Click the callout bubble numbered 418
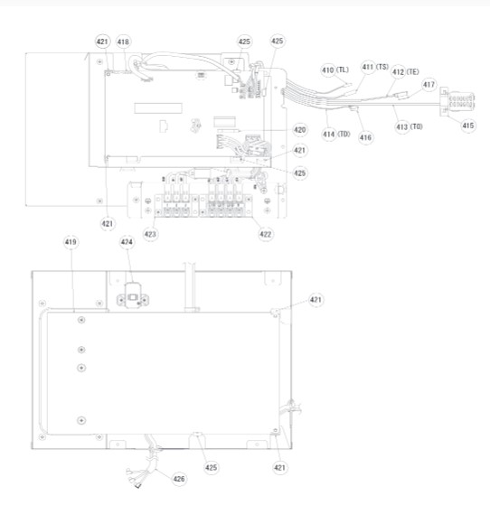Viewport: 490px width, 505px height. pos(123,42)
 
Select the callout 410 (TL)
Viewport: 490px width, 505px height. pos(335,70)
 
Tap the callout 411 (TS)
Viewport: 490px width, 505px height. pos(375,67)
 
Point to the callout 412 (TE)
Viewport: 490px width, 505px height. pos(405,72)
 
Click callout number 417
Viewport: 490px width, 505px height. pos(429,85)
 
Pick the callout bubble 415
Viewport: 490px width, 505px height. pos(467,126)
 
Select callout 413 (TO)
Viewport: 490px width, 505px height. pos(409,126)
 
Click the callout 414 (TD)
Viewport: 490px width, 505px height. pos(336,134)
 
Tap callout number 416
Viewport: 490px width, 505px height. pos(365,138)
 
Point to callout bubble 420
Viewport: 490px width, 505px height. pos(300,130)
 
